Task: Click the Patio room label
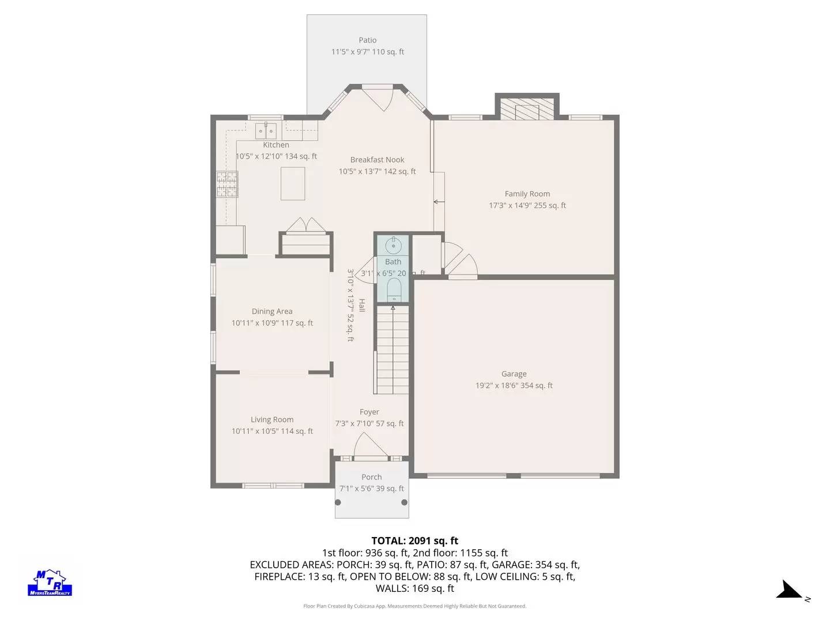pyautogui.click(x=367, y=40)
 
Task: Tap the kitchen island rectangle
pyautogui.click(x=293, y=183)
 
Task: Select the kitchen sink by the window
pyautogui.click(x=266, y=131)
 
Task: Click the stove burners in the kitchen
pyautogui.click(x=227, y=185)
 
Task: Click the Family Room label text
pyautogui.click(x=527, y=194)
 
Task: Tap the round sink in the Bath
pyautogui.click(x=393, y=246)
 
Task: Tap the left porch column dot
pyautogui.click(x=338, y=502)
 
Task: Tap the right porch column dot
pyautogui.click(x=405, y=502)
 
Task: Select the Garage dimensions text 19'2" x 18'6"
pyautogui.click(x=514, y=386)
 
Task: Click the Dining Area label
pyautogui.click(x=272, y=311)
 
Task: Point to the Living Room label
pyautogui.click(x=272, y=420)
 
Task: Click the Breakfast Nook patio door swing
pyautogui.click(x=380, y=98)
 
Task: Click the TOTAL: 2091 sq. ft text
pyautogui.click(x=414, y=541)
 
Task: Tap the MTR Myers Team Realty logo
pyautogui.click(x=50, y=583)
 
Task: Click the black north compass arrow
pyautogui.click(x=788, y=591)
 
